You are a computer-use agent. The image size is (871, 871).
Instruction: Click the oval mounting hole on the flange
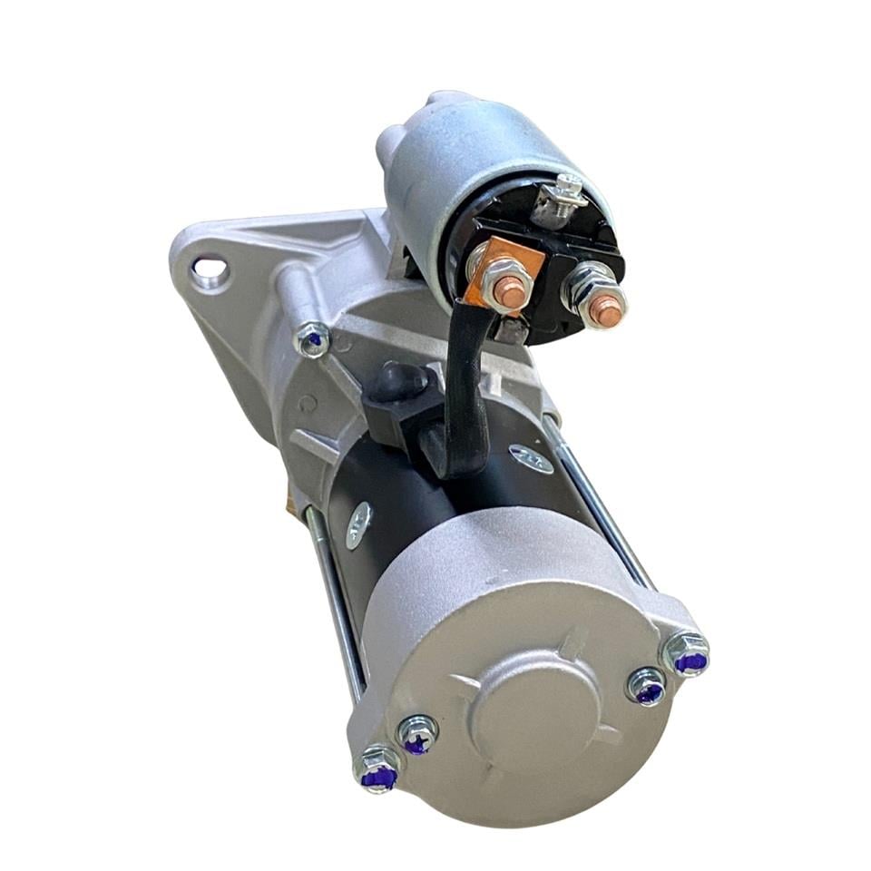210,269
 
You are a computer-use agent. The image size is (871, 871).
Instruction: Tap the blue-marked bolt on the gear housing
313,339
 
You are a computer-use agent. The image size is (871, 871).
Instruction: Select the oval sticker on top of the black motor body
531,459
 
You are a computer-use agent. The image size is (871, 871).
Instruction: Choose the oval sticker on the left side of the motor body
358,525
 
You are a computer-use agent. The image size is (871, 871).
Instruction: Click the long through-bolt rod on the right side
599,513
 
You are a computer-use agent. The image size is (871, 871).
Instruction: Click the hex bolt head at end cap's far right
687,654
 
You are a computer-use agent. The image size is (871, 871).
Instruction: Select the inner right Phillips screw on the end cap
646,687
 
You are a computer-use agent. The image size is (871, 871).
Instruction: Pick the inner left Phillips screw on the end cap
417,734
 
